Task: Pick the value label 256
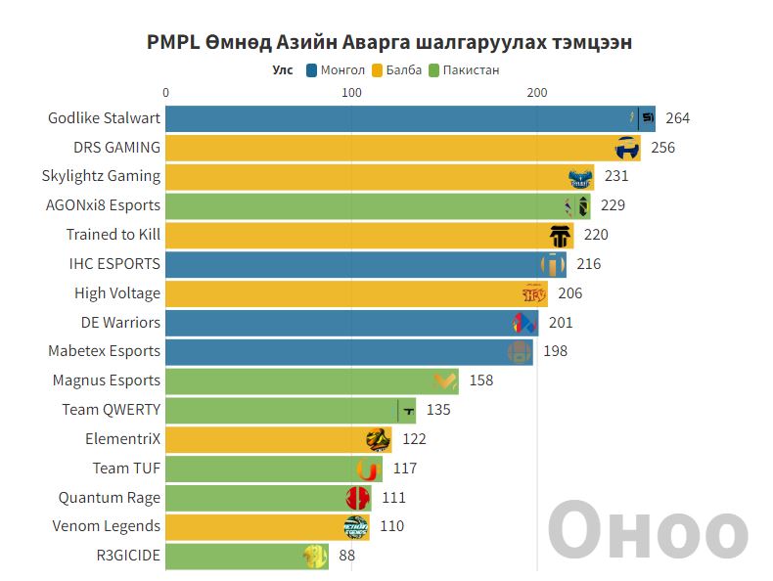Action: click(662, 148)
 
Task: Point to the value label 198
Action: click(555, 351)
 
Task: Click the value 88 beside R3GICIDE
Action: click(346, 556)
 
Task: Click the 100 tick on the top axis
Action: click(351, 93)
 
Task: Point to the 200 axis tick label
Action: click(536, 93)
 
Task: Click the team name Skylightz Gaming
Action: click(101, 176)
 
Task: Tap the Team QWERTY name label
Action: click(111, 410)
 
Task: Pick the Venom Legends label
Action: click(106, 526)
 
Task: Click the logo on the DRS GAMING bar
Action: click(627, 149)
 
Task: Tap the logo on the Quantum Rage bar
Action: click(357, 498)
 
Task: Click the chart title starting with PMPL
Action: click(388, 43)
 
